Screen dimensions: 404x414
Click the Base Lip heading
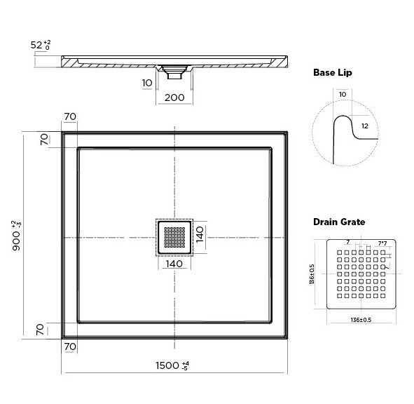[x=331, y=72]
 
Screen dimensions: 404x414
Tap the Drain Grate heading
[x=338, y=222]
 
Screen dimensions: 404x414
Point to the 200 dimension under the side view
[x=174, y=97]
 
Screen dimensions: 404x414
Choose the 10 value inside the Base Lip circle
[x=341, y=93]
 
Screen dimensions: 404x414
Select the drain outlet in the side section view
[x=174, y=69]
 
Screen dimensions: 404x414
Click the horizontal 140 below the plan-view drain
[x=174, y=264]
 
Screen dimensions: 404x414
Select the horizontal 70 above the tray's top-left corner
[x=69, y=116]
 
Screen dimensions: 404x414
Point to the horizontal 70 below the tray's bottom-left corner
[x=69, y=346]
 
